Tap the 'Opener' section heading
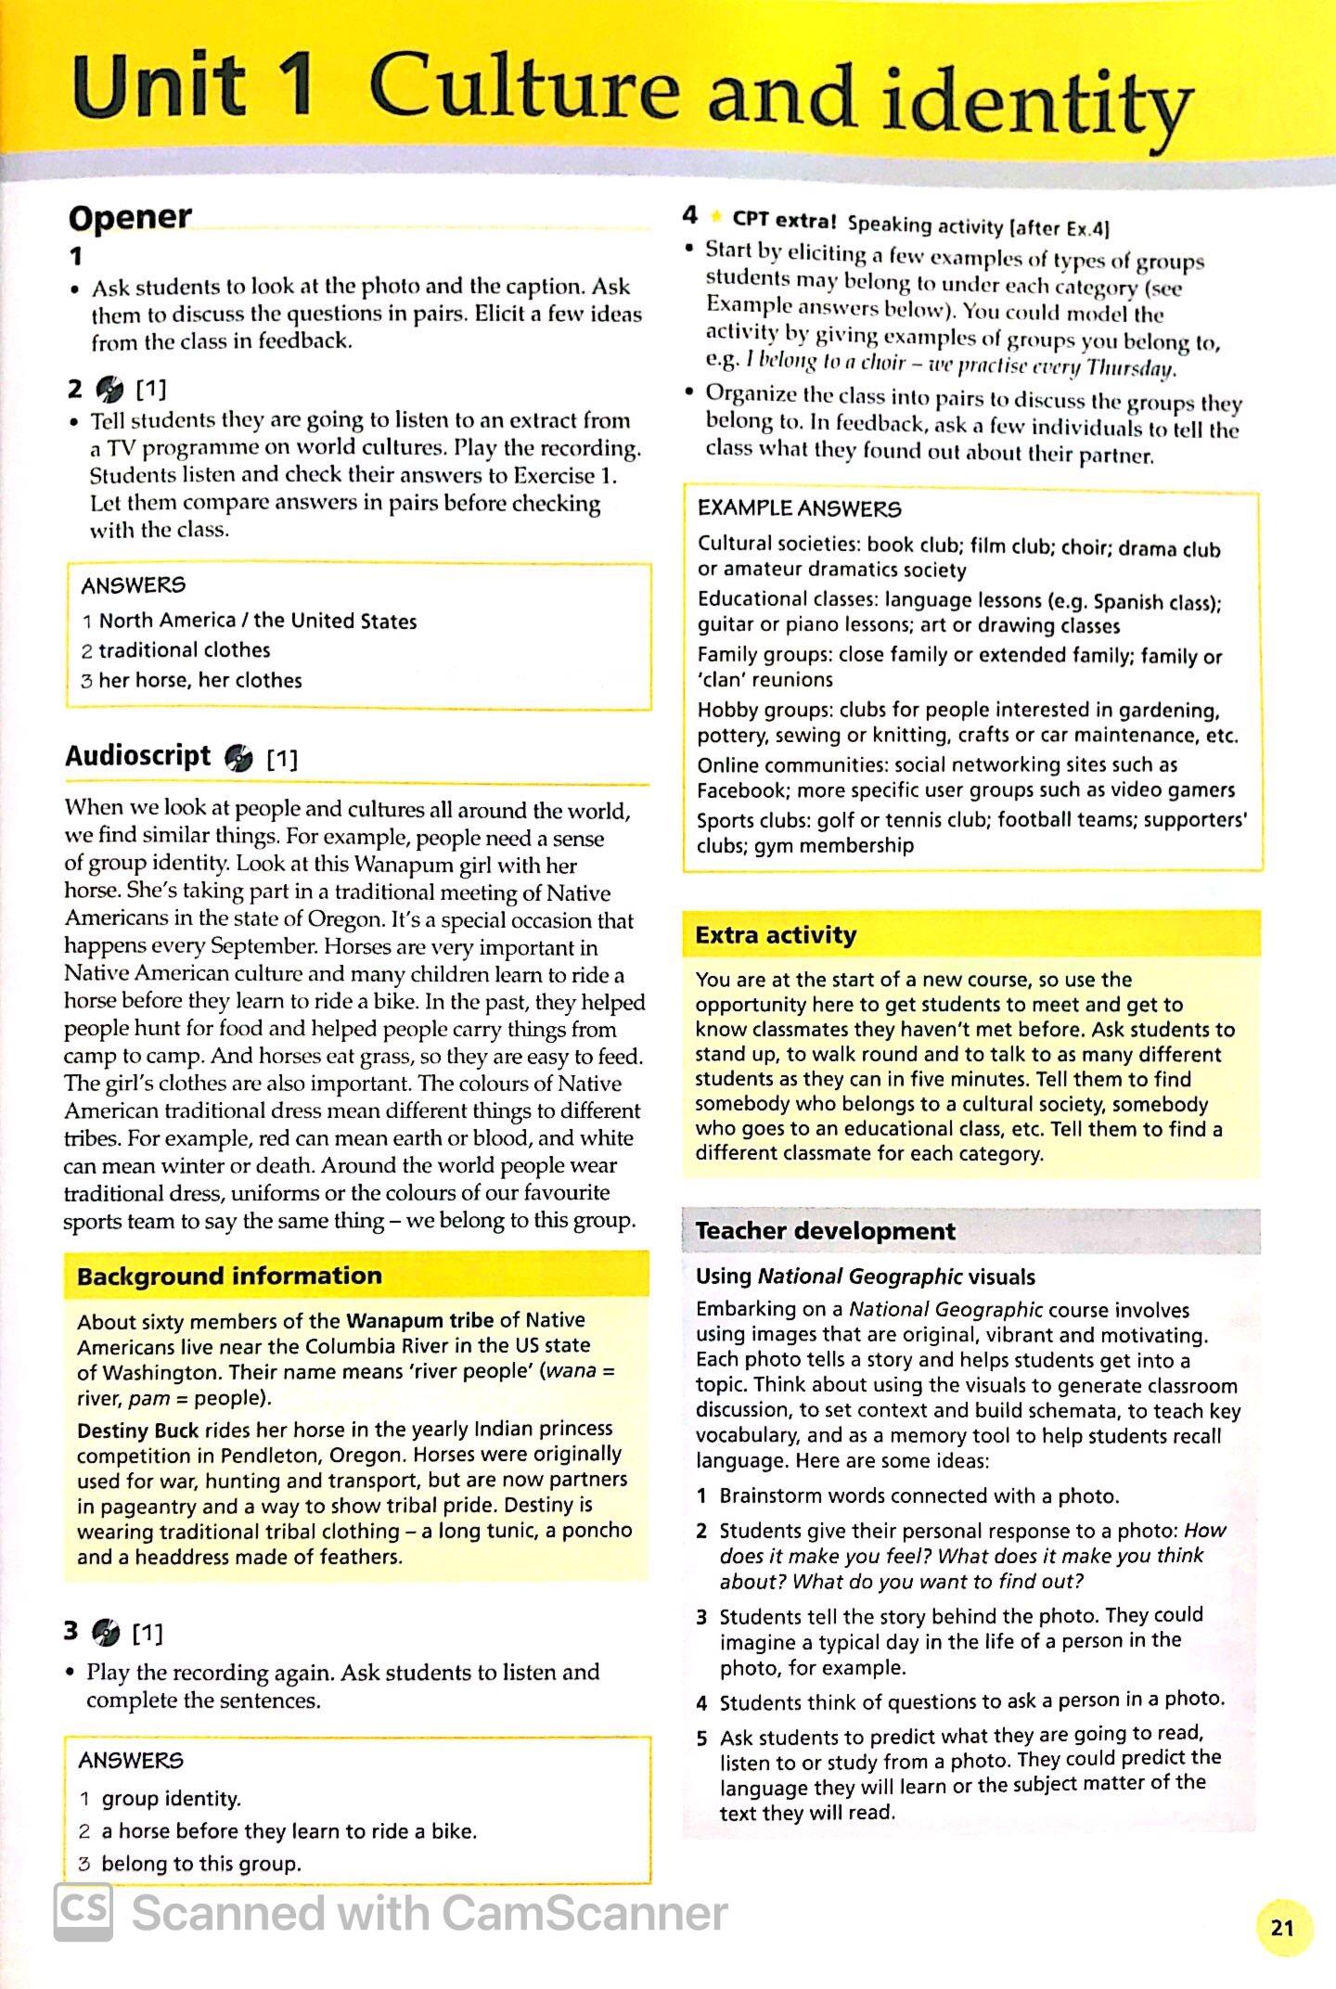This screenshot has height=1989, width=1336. click(130, 218)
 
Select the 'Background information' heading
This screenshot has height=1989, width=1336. click(229, 1276)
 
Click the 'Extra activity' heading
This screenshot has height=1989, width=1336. click(776, 934)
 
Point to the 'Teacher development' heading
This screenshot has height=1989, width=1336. click(825, 1231)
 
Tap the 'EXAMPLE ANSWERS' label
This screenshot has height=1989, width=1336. click(799, 508)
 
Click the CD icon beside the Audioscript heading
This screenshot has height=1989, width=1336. click(238, 758)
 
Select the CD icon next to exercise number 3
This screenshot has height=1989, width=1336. click(106, 1631)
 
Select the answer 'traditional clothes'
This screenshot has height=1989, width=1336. click(185, 650)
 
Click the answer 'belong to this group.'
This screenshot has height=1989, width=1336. click(201, 1864)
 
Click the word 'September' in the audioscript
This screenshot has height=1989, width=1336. click(263, 947)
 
